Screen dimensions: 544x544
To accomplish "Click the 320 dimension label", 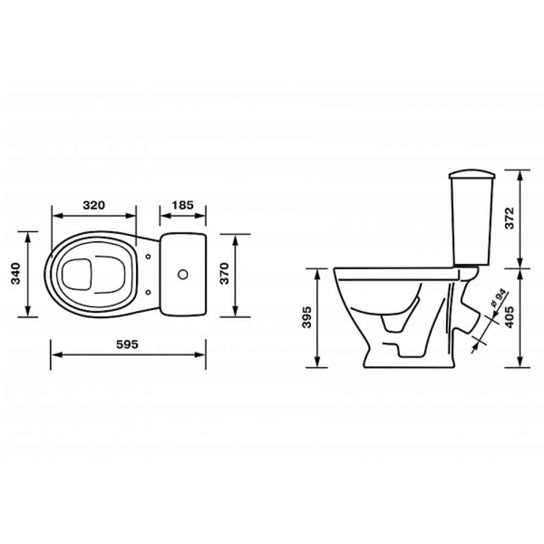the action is tap(94, 205).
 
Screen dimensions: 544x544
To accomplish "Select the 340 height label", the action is tap(16, 274).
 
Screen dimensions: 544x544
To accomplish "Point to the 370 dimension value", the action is tap(225, 274).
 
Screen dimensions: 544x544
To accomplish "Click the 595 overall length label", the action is tap(127, 344).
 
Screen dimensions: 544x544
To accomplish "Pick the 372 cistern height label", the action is tap(509, 218).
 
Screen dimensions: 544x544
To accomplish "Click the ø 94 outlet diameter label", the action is tap(497, 299).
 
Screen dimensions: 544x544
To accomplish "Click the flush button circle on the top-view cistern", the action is tap(182, 274).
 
